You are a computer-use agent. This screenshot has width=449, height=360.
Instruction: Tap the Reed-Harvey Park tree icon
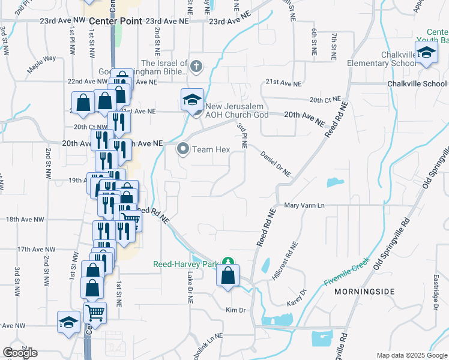pyautogui.click(x=228, y=262)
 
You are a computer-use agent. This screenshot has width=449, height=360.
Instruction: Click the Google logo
pyautogui.click(x=20, y=353)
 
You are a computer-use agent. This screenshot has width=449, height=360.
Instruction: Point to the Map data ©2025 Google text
pyautogui.click(x=411, y=355)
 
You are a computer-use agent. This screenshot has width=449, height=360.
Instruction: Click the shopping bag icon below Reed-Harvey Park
pyautogui.click(x=228, y=277)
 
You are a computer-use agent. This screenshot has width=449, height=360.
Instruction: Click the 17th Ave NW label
pyautogui.click(x=36, y=249)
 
